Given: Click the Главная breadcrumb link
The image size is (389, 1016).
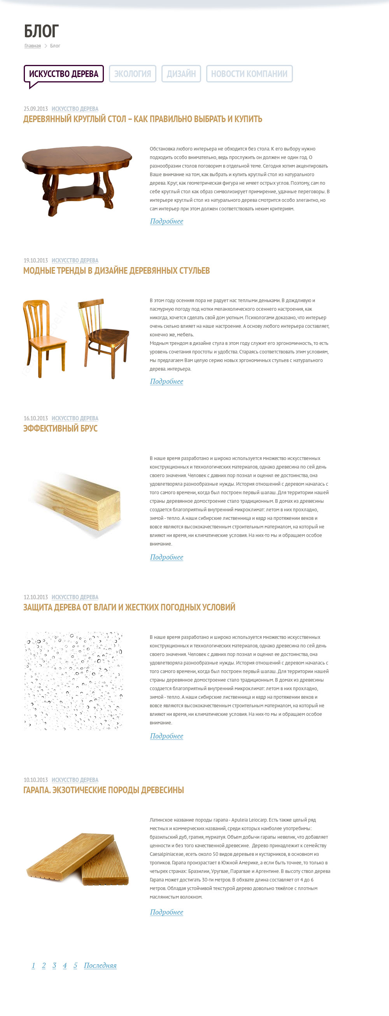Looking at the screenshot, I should coord(33,46).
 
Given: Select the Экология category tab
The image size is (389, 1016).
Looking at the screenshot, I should coord(133,74).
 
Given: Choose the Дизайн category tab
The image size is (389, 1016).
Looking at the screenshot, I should coord(181,74).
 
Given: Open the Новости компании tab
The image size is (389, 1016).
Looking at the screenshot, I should coord(249,74).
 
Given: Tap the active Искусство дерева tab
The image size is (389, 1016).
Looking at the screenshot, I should coord(63,74).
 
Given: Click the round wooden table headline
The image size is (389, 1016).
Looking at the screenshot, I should coord(142,119).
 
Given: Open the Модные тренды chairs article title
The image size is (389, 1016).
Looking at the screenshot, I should coord(116,271).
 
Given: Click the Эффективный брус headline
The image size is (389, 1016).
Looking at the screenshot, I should coord(60,428).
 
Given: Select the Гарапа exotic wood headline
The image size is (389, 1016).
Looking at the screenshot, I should coord(103,790).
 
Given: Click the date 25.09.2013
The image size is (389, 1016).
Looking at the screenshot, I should coord(35,109).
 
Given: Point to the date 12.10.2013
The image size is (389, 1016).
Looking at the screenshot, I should coord(35,597).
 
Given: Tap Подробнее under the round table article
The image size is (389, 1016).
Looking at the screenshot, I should coord(166,221).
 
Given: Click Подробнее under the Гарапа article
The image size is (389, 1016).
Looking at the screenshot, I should coord(166,912).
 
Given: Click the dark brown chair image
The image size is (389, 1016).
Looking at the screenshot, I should coord(103,338).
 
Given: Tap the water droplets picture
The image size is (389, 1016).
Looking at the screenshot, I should coord(74,681).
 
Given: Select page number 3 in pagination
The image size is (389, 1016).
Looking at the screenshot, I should coord(54,965).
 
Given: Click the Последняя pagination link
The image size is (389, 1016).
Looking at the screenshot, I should coord(100,965).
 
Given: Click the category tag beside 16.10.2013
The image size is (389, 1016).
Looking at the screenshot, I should coord(75,418).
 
